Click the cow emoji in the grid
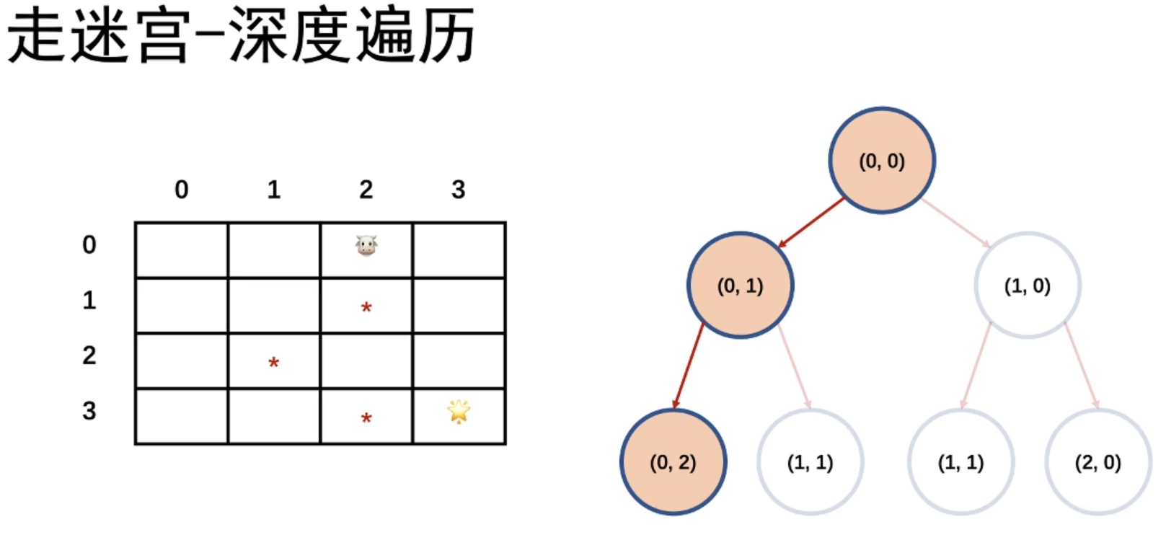366,246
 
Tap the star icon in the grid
459,412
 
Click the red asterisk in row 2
274,363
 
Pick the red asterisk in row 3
366,419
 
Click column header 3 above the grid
459,190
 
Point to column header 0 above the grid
182,190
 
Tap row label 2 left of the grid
89,355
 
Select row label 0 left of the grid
89,245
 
